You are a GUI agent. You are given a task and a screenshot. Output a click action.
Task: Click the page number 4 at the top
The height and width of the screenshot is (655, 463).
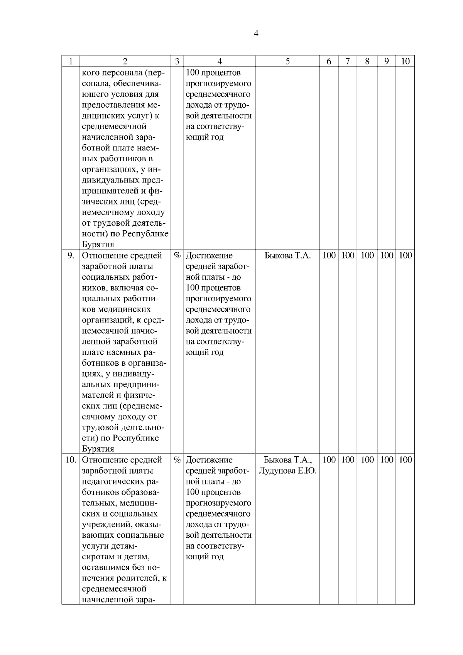(256, 33)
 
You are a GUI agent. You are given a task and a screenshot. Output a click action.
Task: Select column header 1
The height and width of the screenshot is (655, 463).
(71, 61)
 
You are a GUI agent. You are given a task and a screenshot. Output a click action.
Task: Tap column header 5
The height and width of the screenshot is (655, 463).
(287, 61)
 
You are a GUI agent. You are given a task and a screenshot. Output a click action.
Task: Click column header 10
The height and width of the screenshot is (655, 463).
(405, 61)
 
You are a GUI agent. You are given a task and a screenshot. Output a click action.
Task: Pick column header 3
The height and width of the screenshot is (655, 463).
(177, 61)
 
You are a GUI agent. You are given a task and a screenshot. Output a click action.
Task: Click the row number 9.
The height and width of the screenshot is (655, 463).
(71, 255)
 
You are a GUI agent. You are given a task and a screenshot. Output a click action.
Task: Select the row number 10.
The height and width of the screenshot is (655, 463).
(71, 460)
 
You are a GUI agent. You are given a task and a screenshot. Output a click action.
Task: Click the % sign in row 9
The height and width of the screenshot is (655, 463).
(177, 255)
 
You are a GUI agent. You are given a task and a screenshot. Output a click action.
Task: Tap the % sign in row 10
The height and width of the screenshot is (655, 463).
(177, 460)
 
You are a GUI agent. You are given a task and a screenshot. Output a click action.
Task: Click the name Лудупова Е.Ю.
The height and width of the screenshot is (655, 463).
(287, 471)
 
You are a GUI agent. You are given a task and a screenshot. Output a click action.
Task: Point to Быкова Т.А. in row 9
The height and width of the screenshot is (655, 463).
(287, 255)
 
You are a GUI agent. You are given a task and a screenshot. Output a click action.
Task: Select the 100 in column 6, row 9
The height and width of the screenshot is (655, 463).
(329, 255)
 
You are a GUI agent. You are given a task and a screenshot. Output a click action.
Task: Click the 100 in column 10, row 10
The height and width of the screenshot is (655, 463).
(405, 460)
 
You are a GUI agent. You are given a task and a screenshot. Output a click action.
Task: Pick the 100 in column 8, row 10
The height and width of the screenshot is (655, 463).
(367, 460)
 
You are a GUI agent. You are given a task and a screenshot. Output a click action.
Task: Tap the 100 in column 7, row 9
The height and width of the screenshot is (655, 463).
(348, 255)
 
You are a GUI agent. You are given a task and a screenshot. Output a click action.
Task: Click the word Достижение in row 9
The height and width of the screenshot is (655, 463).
(209, 255)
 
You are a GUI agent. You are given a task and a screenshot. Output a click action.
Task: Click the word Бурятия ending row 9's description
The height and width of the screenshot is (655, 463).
(98, 449)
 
